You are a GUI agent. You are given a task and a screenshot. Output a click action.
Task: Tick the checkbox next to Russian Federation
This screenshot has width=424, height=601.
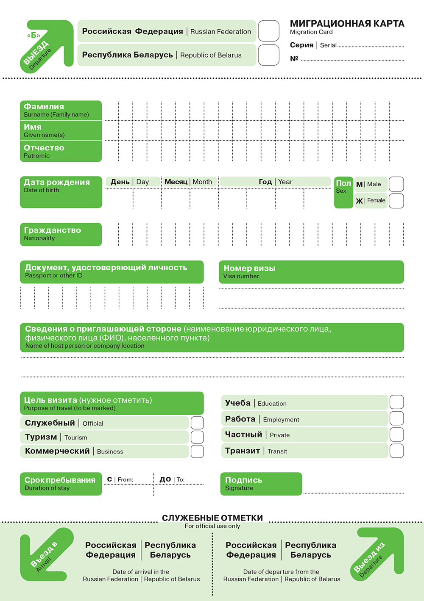[x=269, y=31]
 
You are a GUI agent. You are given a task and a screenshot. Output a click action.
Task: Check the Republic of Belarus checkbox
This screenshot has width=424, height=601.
[x=269, y=55]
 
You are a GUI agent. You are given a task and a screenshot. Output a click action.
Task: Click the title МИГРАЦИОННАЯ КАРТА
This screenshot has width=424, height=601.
[x=347, y=24]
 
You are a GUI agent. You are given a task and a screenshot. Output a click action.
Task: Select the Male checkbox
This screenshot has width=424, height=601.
[x=396, y=184]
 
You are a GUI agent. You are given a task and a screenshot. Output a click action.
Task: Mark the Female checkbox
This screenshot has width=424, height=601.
[x=396, y=201]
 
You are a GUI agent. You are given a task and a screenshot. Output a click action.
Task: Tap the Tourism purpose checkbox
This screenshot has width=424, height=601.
[x=197, y=437]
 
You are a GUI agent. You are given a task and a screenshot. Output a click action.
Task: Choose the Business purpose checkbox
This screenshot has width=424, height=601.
[x=197, y=451]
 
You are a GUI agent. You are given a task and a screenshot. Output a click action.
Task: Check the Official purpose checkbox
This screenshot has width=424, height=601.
[x=197, y=423]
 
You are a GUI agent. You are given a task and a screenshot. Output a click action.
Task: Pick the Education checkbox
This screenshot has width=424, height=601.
[x=396, y=402]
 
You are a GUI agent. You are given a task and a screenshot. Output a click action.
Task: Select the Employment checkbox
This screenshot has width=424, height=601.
[x=396, y=418]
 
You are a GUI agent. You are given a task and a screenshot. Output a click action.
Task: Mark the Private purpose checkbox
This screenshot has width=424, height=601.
[x=396, y=435]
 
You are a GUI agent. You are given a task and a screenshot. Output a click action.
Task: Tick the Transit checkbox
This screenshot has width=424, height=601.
[x=396, y=451]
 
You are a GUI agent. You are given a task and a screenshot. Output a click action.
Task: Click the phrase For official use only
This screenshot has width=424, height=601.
[x=212, y=526]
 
